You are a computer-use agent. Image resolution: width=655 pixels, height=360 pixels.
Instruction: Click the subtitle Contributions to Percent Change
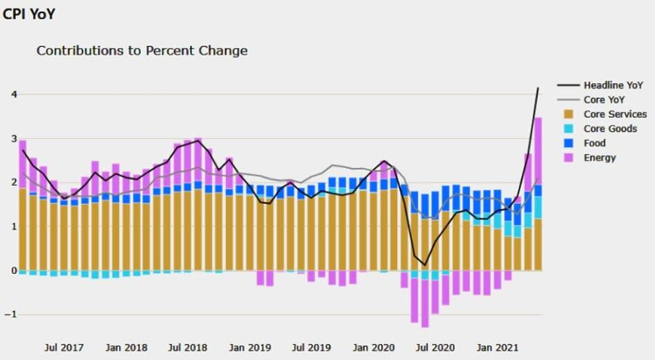click(141, 51)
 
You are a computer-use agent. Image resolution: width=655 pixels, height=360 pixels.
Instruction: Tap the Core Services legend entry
click(615, 114)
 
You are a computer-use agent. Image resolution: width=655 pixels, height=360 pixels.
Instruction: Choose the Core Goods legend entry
click(610, 128)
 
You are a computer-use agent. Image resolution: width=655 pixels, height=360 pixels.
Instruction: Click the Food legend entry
click(595, 143)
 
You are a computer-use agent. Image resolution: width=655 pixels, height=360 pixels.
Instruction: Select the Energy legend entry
click(600, 157)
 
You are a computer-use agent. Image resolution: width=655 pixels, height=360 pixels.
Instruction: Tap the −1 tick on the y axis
click(9, 314)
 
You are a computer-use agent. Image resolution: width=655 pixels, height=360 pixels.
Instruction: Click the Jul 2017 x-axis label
click(64, 347)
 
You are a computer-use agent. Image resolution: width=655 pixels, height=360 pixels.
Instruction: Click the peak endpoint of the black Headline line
click(538, 88)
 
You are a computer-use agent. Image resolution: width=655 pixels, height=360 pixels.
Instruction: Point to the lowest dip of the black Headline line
click(425, 264)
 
